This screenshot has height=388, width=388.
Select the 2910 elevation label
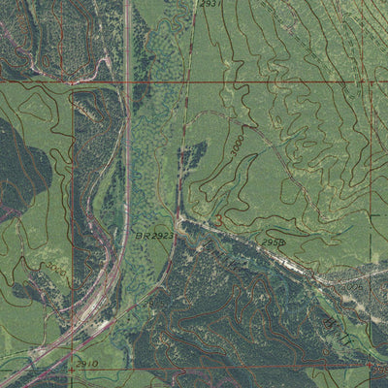(86, 363)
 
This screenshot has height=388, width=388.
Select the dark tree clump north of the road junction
(192, 155)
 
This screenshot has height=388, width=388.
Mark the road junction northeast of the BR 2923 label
(180, 215)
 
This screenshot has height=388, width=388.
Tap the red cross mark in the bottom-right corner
(372, 366)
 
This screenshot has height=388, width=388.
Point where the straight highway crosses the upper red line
(128, 83)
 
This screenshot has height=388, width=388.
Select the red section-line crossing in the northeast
(372, 83)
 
